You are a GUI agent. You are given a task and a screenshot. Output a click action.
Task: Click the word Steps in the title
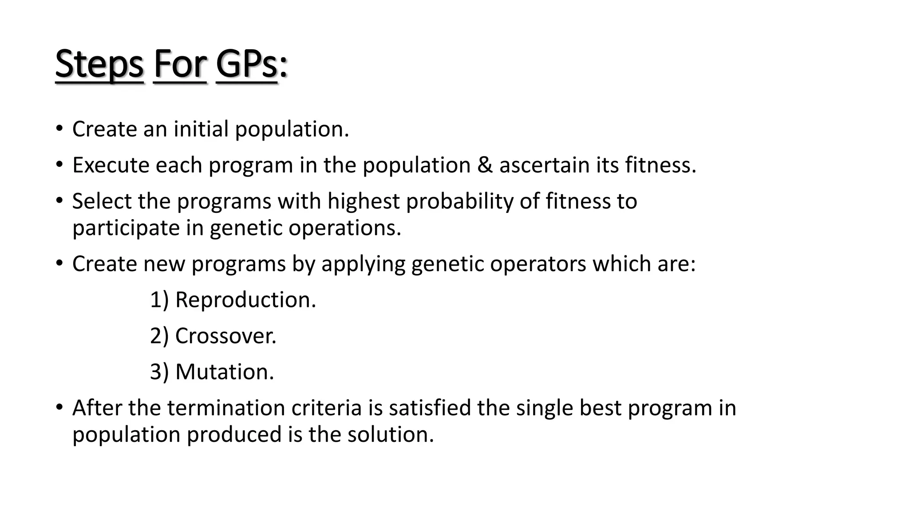pyautogui.click(x=99, y=65)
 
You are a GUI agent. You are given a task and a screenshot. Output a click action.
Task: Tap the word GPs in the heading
pyautogui.click(x=246, y=65)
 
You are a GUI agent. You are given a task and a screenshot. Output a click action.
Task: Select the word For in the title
pyautogui.click(x=179, y=65)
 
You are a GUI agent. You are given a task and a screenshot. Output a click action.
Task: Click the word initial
pyautogui.click(x=201, y=129)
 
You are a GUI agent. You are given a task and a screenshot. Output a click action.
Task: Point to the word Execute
pyautogui.click(x=111, y=165)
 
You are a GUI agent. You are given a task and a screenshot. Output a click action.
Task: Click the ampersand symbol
pyautogui.click(x=485, y=165)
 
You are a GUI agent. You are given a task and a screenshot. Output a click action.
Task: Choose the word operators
pyautogui.click(x=538, y=264)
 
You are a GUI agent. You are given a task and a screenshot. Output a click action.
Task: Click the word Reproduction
pyautogui.click(x=245, y=300)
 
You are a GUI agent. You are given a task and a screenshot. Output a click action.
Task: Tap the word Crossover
pyautogui.click(x=225, y=336)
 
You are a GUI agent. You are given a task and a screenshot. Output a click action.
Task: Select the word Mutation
pyautogui.click(x=224, y=372)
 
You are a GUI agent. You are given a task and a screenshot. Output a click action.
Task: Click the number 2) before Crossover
pyautogui.click(x=159, y=336)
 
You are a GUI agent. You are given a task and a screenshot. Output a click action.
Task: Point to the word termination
pyautogui.click(x=226, y=408)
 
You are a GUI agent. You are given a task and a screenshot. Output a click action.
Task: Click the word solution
pyautogui.click(x=390, y=434)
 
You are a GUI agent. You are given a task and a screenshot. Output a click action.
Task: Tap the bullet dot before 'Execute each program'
pyautogui.click(x=59, y=165)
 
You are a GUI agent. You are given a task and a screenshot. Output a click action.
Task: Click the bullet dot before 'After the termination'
pyautogui.click(x=59, y=407)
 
